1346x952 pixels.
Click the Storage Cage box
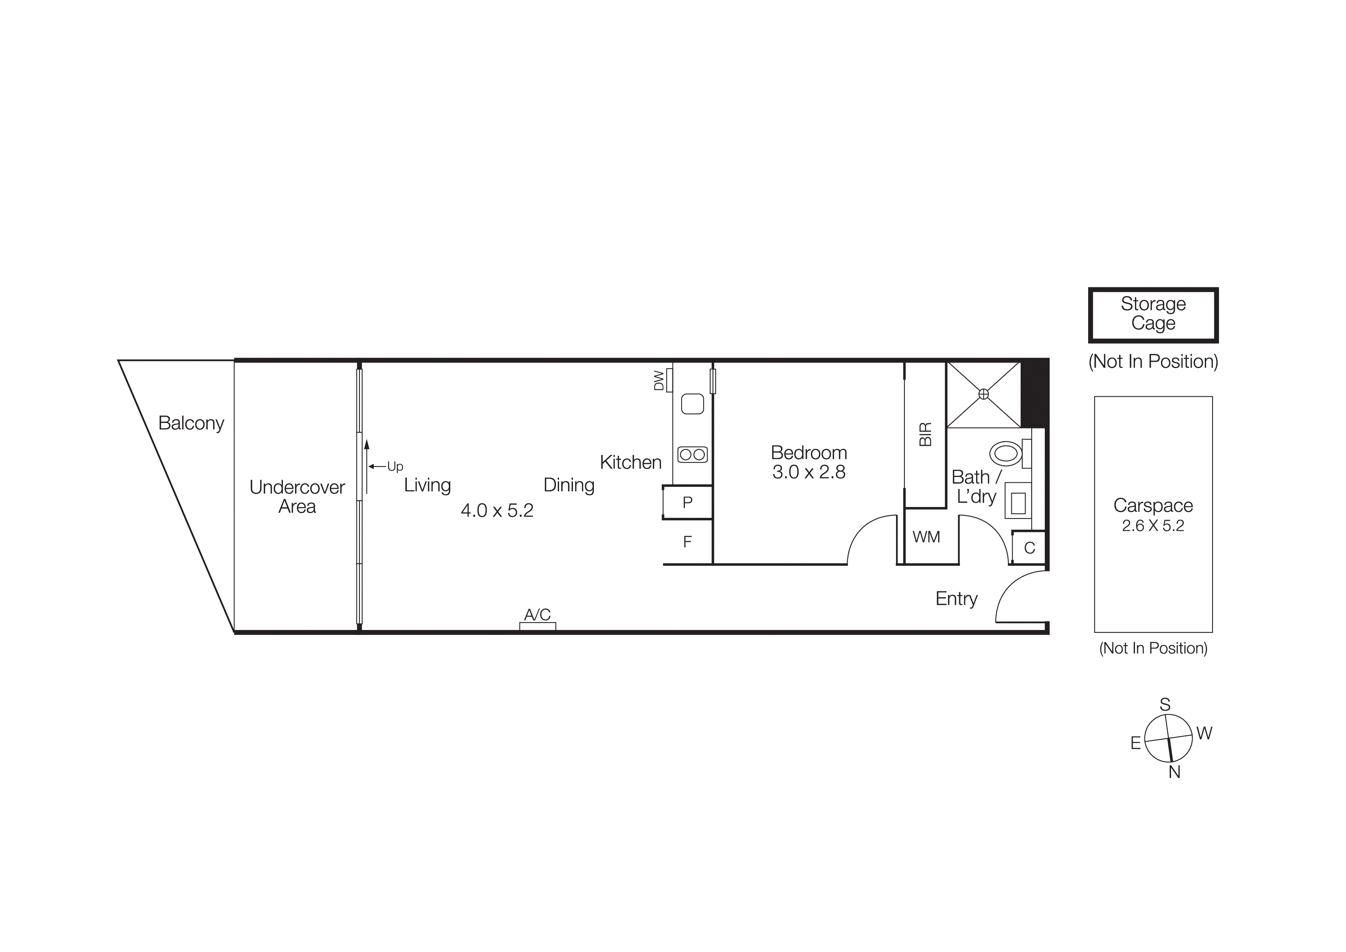(x=1153, y=315)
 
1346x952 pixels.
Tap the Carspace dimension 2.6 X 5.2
(x=1153, y=526)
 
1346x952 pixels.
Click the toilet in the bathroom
(x=1006, y=454)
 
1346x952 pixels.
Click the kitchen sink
(x=692, y=404)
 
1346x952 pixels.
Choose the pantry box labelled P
(x=688, y=502)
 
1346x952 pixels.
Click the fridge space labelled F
(x=688, y=541)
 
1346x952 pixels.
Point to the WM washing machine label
(x=926, y=537)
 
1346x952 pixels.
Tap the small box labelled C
(x=1029, y=548)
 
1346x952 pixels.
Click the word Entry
(x=956, y=598)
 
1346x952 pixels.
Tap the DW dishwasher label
(x=659, y=380)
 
